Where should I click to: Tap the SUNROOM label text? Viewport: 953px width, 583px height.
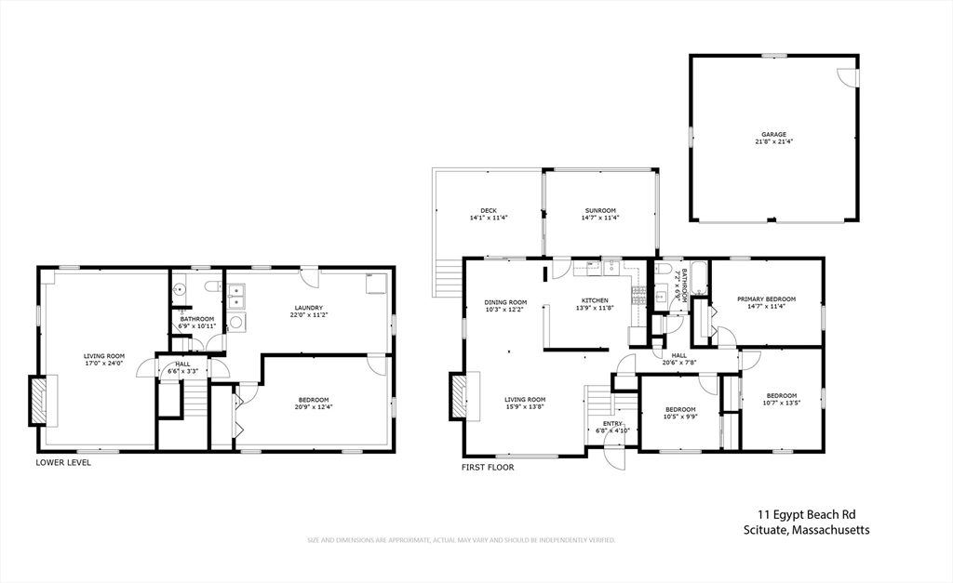tap(600, 211)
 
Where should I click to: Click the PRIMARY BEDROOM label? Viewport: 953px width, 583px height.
tap(766, 299)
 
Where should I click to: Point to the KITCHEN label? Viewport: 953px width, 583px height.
tap(595, 300)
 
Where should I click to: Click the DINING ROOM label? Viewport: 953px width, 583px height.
tap(505, 302)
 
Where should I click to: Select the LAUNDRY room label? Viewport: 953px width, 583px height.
tap(308, 308)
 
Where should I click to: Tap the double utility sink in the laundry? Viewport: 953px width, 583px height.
tap(236, 297)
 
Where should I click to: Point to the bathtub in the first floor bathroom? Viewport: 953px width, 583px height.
tap(699, 279)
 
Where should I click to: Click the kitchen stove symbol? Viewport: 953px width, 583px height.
tap(638, 297)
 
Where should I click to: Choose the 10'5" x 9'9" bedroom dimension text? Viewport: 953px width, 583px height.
tap(680, 417)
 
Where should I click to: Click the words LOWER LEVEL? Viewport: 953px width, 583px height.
tap(63, 462)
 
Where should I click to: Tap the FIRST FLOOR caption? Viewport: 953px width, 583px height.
tap(488, 467)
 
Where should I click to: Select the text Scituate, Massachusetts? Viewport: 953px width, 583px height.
tap(806, 530)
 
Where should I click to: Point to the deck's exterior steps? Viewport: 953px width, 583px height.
tap(449, 276)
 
